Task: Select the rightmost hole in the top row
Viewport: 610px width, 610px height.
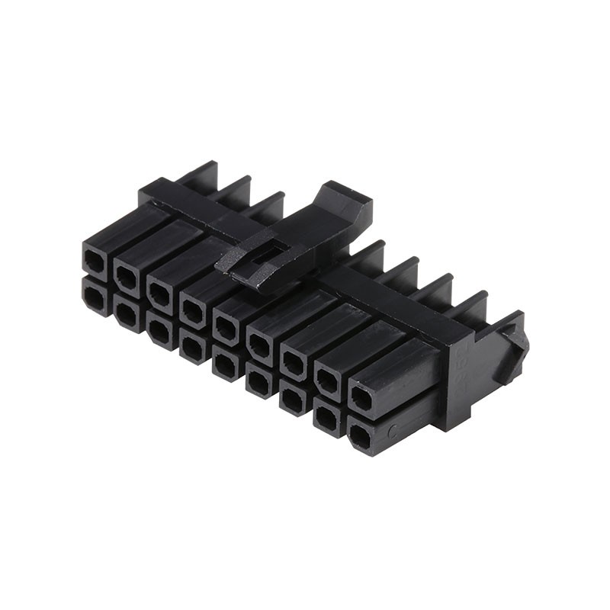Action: click(361, 400)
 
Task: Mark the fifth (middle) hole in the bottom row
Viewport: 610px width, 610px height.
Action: click(226, 364)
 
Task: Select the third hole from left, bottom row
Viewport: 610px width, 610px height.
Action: click(159, 330)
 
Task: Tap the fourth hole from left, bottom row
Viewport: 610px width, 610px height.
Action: click(192, 348)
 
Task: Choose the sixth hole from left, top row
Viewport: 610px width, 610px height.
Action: click(260, 345)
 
